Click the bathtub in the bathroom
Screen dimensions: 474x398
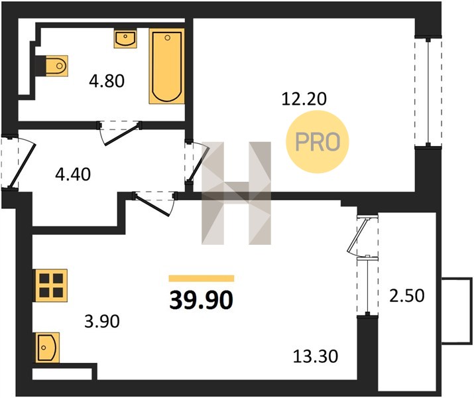(166, 66)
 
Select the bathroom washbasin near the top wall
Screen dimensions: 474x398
(125, 38)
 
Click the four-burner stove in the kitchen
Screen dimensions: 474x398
(51, 285)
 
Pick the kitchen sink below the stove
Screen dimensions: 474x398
(48, 348)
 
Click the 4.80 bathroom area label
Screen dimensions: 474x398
(107, 81)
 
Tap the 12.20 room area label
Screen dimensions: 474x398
(304, 99)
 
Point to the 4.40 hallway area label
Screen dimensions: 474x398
(73, 174)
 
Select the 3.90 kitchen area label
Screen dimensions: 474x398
(102, 321)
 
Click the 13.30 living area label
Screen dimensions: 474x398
(316, 356)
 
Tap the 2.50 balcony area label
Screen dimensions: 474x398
(407, 296)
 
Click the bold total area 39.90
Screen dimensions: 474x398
(202, 300)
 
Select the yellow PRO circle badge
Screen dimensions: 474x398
(318, 142)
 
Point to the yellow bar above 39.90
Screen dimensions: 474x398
(202, 278)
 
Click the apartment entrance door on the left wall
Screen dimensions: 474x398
(17, 163)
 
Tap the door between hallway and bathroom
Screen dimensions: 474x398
(119, 133)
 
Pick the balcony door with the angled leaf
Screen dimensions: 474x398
(363, 235)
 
